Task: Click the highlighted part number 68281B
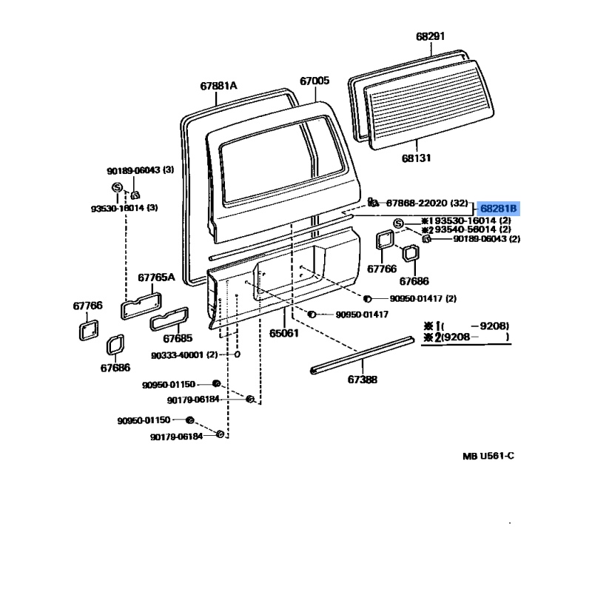498,209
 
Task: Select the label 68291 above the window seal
431,36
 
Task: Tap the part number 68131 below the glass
416,158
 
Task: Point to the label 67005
314,81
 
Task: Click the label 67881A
218,86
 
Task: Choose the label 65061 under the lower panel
284,333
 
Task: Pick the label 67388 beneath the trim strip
363,380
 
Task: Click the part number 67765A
156,277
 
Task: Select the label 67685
178,338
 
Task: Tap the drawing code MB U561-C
488,456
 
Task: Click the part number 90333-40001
179,355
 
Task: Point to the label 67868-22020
417,203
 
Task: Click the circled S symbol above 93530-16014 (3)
118,187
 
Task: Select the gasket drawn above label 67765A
141,306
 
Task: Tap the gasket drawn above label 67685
169,320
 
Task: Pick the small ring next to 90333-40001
237,354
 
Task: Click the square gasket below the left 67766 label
89,330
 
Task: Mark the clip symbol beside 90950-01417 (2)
367,299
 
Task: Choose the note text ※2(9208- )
466,337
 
